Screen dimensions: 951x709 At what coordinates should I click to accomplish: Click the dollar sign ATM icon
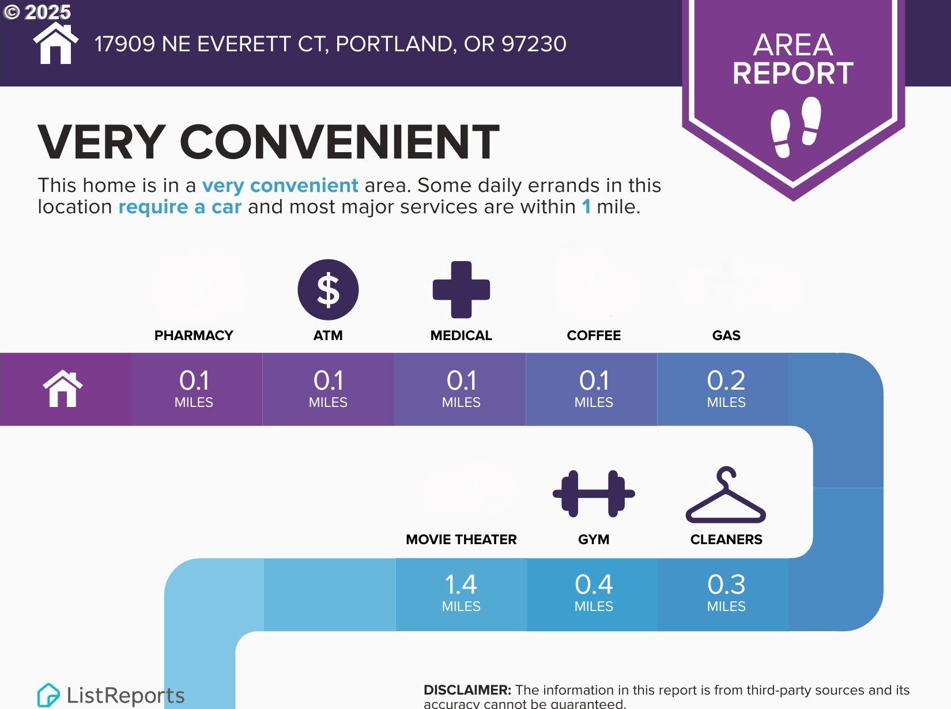pos(328,289)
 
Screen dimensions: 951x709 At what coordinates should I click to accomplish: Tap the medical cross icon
pos(461,289)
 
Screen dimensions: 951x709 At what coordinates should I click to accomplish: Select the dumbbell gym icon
pos(594,493)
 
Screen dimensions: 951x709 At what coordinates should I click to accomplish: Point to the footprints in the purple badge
pos(795,126)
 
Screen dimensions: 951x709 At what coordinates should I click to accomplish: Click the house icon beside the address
pos(56,43)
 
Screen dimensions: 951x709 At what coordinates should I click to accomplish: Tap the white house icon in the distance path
pos(63,389)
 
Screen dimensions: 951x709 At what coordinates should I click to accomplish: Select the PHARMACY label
pos(194,335)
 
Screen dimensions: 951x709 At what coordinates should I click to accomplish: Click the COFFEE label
pos(594,335)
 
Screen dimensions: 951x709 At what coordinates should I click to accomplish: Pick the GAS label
pos(726,335)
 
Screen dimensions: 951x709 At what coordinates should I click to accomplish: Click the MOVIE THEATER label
pos(461,539)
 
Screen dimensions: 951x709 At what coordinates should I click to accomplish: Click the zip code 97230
pos(534,44)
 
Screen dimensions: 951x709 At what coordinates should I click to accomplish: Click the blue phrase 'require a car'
pos(180,207)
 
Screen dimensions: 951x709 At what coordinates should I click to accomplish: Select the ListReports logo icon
pos(48,695)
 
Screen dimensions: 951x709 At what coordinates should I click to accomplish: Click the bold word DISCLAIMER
pos(467,690)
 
